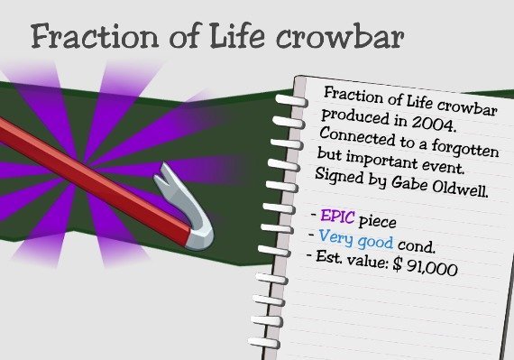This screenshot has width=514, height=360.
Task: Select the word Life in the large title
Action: [x=236, y=36]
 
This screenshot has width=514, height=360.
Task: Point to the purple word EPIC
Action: [x=337, y=217]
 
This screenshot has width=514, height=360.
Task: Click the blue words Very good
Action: [x=355, y=239]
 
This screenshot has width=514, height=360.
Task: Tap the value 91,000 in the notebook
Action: [x=432, y=268]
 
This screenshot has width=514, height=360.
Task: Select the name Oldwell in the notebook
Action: [x=460, y=188]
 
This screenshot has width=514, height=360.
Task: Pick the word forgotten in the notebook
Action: [x=464, y=148]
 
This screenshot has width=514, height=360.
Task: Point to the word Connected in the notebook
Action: [x=357, y=136]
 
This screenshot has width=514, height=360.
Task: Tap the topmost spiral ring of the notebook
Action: [x=291, y=100]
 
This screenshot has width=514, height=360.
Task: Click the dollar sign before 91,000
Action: [x=397, y=264]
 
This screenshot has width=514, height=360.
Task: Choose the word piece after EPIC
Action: [x=377, y=222]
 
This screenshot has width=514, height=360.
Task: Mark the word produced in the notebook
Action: [x=354, y=116]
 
